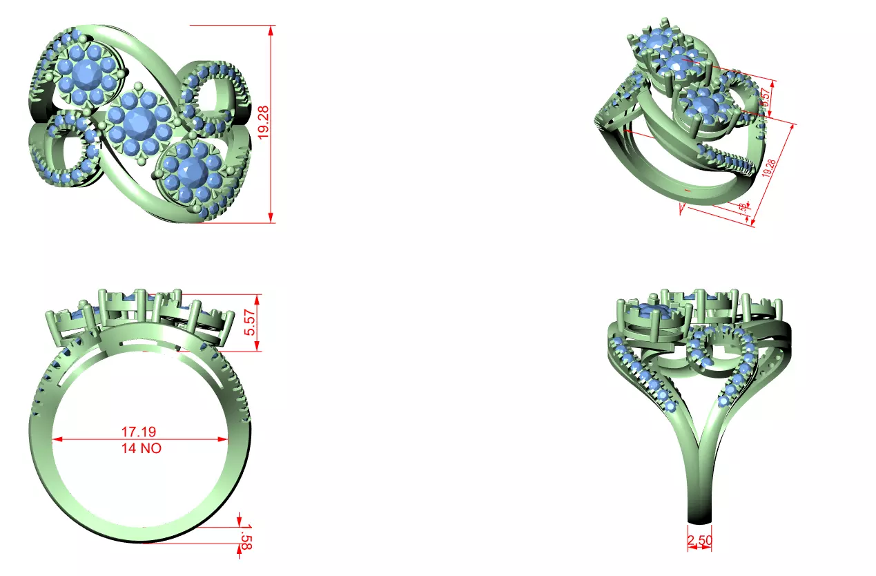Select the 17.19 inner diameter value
click(x=139, y=432)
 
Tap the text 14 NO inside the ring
click(x=141, y=448)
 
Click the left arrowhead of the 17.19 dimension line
click(x=57, y=439)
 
